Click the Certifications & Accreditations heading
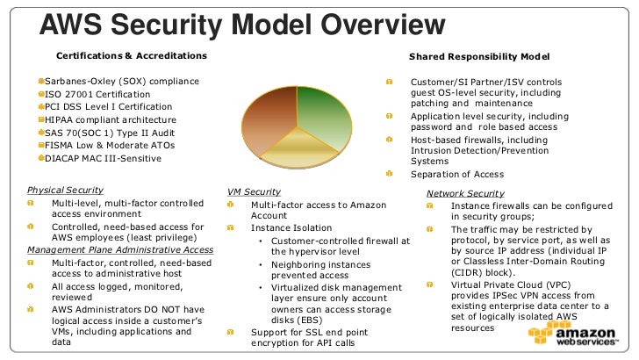[x=132, y=57]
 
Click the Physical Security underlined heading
[x=65, y=191]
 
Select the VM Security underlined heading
[x=254, y=191]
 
